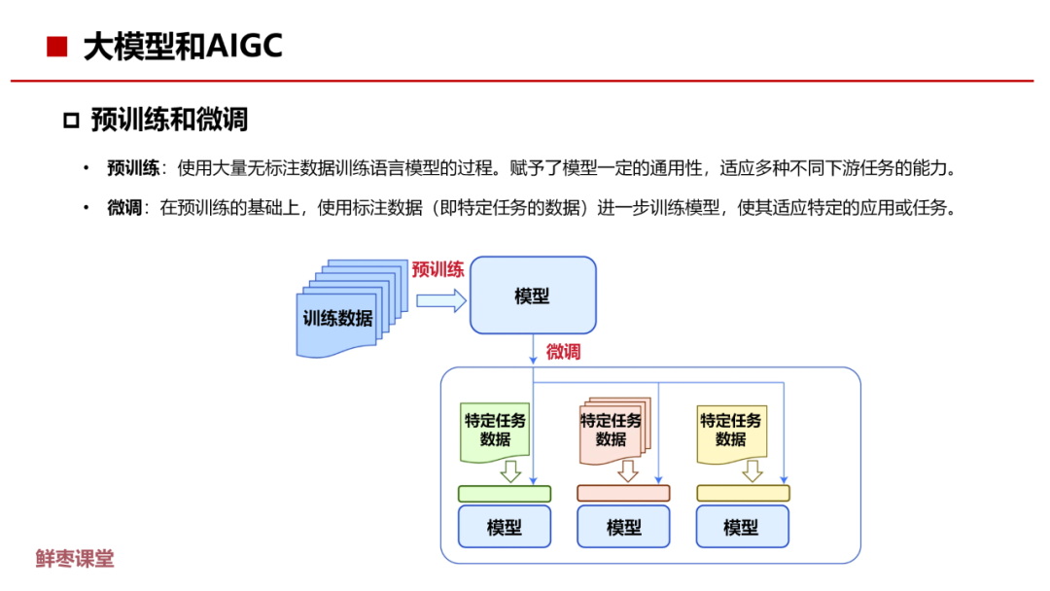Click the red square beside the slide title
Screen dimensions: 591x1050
point(57,47)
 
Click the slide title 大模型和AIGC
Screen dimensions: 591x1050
point(183,47)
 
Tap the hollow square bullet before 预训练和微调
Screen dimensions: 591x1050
point(70,121)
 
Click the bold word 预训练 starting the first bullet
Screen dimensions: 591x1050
point(133,168)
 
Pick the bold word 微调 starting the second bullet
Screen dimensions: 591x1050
point(125,208)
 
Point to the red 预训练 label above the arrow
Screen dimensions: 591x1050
point(437,269)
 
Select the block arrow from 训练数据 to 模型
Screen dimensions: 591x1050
point(440,301)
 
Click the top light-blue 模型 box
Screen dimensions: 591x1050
point(533,295)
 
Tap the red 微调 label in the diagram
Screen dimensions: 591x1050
point(563,352)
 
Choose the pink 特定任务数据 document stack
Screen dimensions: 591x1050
point(612,430)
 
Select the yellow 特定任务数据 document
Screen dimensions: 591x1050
point(731,430)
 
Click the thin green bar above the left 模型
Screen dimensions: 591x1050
point(504,493)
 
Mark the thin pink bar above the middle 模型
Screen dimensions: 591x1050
point(623,493)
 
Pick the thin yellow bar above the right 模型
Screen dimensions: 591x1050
point(743,493)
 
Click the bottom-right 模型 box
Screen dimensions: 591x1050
point(743,527)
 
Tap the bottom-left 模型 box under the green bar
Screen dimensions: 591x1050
point(504,527)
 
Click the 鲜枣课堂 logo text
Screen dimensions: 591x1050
point(75,559)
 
